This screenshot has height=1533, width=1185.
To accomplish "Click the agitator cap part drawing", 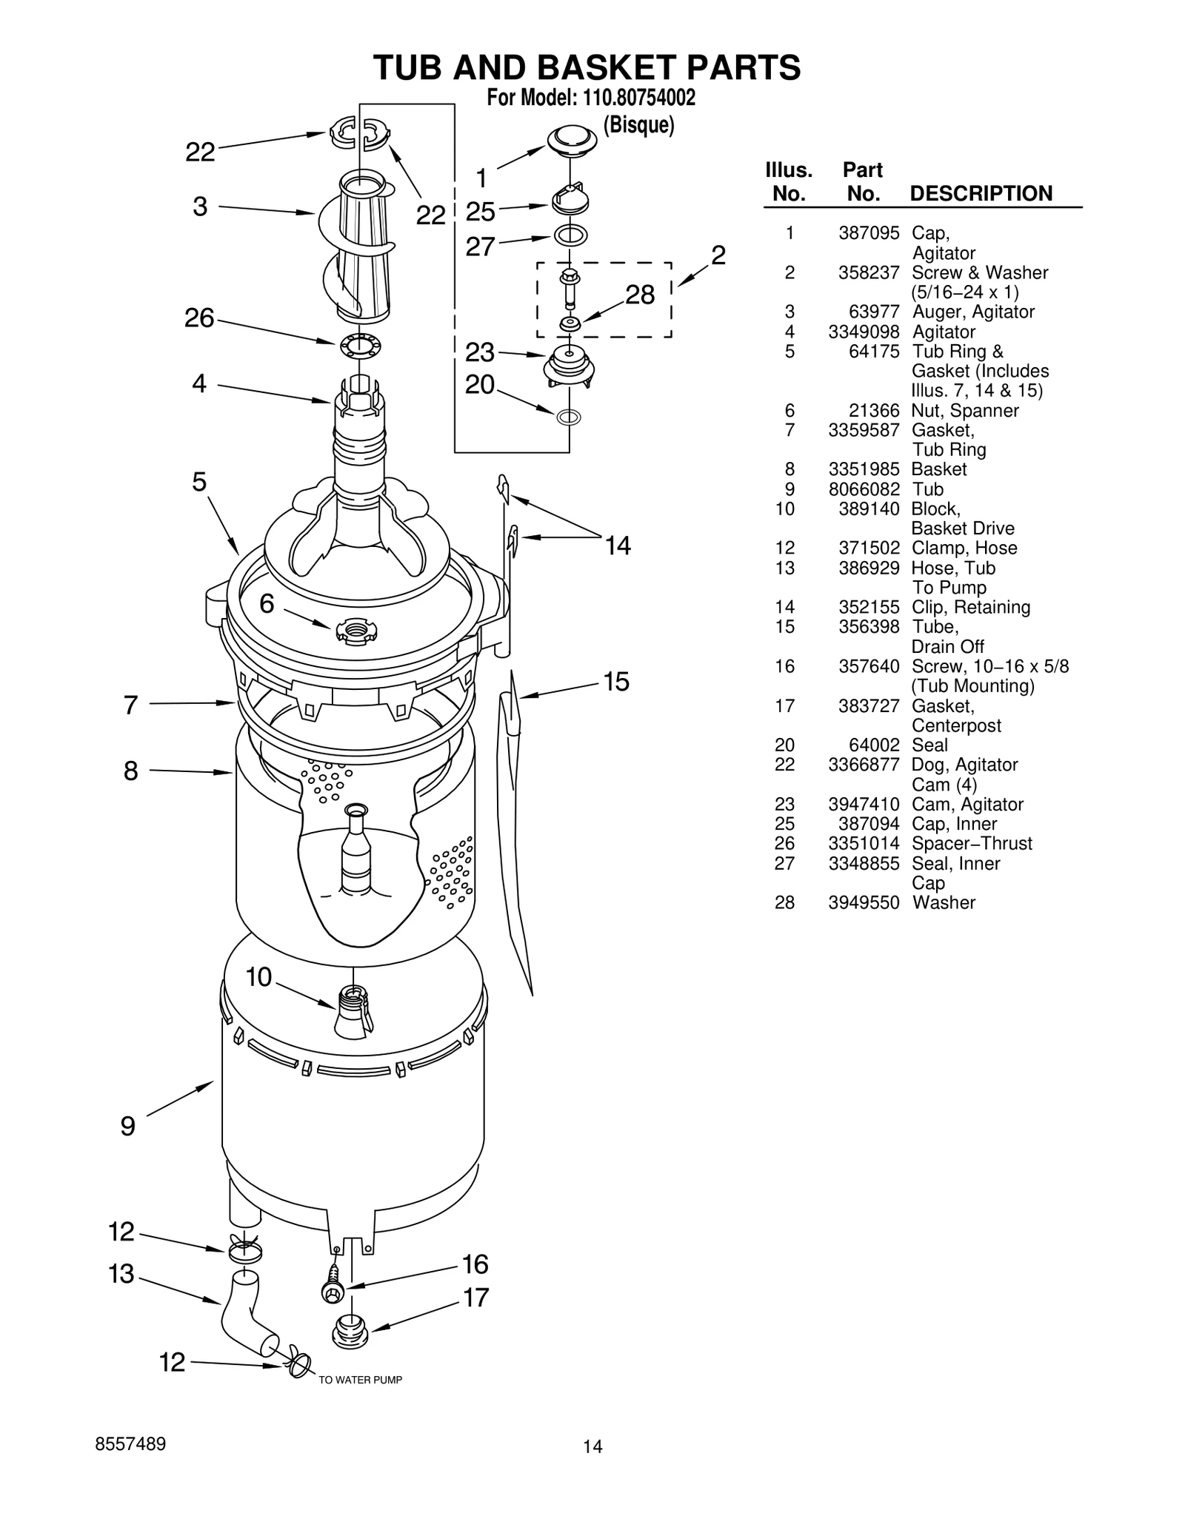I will pos(572,140).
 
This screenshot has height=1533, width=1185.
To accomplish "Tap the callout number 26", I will pos(199,318).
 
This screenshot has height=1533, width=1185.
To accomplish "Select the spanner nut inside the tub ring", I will pos(355,630).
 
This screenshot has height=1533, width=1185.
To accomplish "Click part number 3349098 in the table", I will pos(864,332).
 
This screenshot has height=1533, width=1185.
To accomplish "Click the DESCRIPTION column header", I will pos(981,194).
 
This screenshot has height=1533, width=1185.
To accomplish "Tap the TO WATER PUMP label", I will pos(360,1380).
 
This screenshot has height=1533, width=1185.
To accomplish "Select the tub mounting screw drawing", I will pos(333,1289).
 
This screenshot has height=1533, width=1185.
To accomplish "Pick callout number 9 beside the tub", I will pos(128,1127).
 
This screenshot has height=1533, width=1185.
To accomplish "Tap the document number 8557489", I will pos(130,1444).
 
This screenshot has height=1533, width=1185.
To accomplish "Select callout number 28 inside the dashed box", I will pos(640,295).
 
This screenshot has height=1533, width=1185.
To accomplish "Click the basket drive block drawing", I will pos(354,1010).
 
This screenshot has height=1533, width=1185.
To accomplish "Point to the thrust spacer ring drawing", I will pos(360,346).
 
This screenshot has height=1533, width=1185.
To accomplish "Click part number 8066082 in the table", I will pos(864,489).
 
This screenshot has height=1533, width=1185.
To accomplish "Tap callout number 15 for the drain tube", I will pos(616,682).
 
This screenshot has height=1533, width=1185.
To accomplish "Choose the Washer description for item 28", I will pos(944,902).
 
